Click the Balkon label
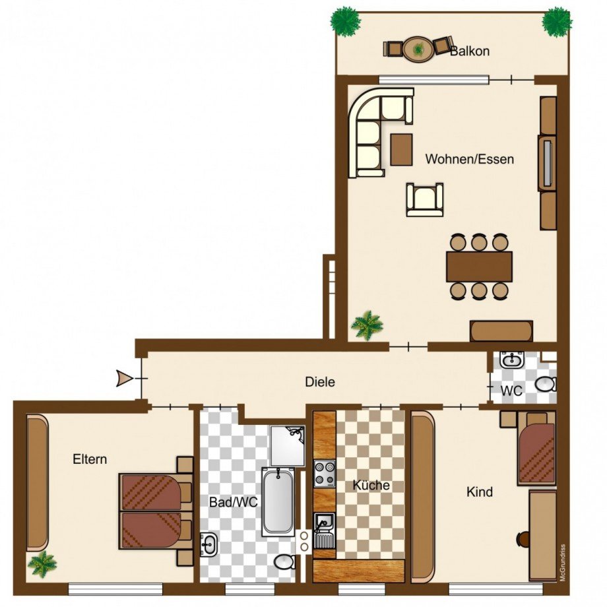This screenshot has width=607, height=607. pos(470,51)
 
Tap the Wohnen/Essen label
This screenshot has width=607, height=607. pos(470,159)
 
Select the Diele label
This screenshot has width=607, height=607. pos(320,382)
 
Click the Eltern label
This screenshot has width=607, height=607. pos(90,459)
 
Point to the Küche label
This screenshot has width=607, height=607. pos(371,485)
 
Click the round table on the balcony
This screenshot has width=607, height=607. pos(418,49)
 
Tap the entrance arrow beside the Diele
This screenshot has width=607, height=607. pos(125,378)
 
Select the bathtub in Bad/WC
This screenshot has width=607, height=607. pos(278,501)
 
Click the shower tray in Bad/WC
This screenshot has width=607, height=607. pos(288,445)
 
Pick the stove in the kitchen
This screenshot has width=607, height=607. pos(325,474)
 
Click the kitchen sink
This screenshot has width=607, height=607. pos(325,530)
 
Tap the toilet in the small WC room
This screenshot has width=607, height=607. pos(546,384)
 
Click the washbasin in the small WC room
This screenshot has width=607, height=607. pos(512,360)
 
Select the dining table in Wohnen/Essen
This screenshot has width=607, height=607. pos(479,267)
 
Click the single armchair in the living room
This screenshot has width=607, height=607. pos(425,199)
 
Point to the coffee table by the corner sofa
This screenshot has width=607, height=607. pos(401,149)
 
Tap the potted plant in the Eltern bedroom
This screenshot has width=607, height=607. pos(42,564)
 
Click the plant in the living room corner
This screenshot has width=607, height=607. pos(367,325)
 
